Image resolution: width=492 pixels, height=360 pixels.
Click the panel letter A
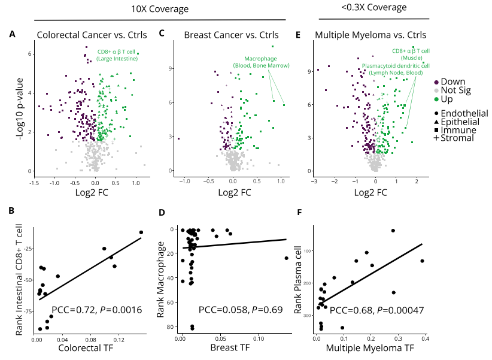tap(12, 34)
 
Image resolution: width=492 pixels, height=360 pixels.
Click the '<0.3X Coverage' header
tap(374, 8)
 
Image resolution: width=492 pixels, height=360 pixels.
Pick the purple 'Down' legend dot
tap(436, 82)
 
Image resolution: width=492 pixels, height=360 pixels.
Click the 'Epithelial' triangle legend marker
tap(436, 122)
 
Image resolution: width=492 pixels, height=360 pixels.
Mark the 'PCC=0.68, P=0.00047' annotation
tap(376, 311)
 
